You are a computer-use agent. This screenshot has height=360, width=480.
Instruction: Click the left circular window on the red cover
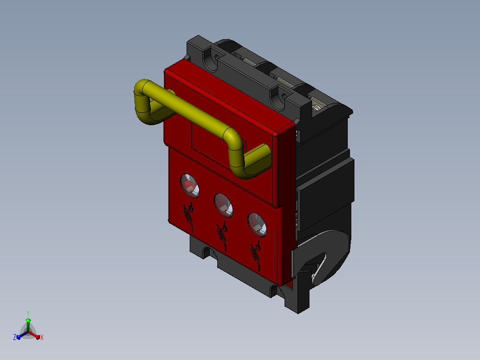click(190, 186)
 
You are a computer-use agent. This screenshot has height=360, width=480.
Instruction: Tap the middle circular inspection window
click(223, 205)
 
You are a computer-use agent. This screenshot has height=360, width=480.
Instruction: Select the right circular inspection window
click(257, 225)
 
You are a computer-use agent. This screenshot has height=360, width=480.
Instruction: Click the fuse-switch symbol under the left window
click(188, 216)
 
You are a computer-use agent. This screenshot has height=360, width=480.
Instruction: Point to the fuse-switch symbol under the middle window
click(222, 235)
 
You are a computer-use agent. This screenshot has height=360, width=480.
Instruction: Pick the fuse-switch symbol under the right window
click(256, 256)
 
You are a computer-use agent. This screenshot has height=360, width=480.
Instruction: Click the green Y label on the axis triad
click(28, 313)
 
